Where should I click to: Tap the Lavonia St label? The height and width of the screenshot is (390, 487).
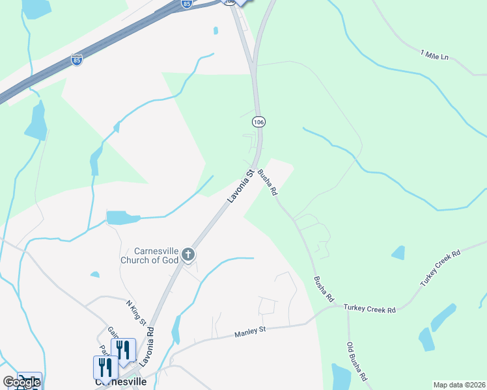point(240,186)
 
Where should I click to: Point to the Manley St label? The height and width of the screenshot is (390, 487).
point(251,331)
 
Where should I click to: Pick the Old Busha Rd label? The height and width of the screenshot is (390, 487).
point(357,361)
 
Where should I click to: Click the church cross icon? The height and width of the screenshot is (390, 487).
point(188,255)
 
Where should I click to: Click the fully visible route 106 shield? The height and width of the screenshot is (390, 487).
point(258,122)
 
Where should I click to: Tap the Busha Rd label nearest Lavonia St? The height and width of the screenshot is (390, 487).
point(268,183)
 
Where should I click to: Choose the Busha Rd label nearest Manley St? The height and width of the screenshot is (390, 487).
point(324,289)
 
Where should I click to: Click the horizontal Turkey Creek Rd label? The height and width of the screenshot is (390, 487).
point(370,310)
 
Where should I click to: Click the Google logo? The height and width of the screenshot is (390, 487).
point(21,382)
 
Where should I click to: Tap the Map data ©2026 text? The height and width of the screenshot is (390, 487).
point(458,385)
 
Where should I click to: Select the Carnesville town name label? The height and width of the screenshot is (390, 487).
point(120,382)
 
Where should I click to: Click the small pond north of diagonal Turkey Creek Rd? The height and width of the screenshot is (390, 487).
point(398,252)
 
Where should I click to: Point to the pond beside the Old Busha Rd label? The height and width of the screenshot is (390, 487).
point(341,376)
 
